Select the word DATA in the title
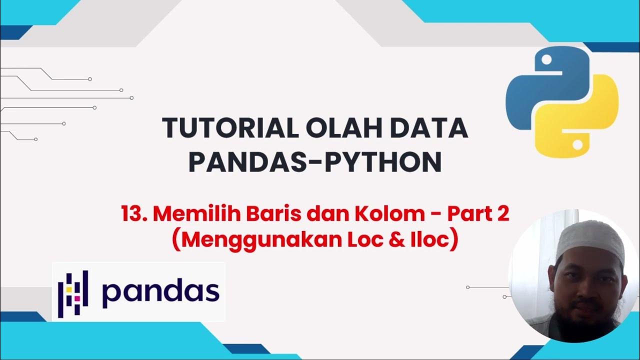[x=430, y=129]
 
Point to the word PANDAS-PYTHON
[x=315, y=162]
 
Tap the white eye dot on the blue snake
[x=546, y=60]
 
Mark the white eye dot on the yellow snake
[x=577, y=144]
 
